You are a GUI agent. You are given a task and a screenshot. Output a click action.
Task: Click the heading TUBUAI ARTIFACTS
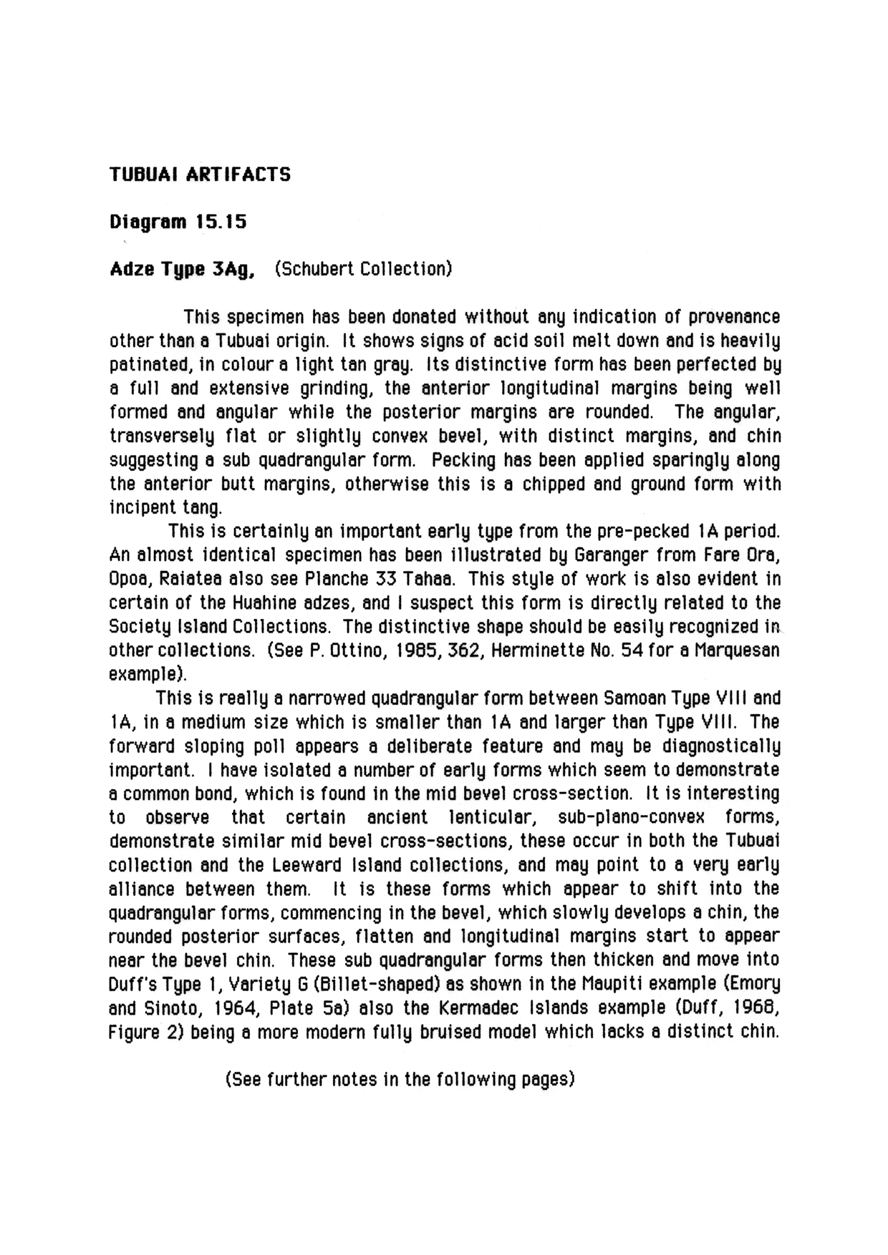point(200,175)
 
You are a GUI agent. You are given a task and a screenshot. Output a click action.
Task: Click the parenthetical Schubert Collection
point(363,270)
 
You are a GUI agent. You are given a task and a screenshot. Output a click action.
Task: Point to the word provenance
point(733,317)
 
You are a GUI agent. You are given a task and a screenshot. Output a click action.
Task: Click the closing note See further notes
point(400,1079)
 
